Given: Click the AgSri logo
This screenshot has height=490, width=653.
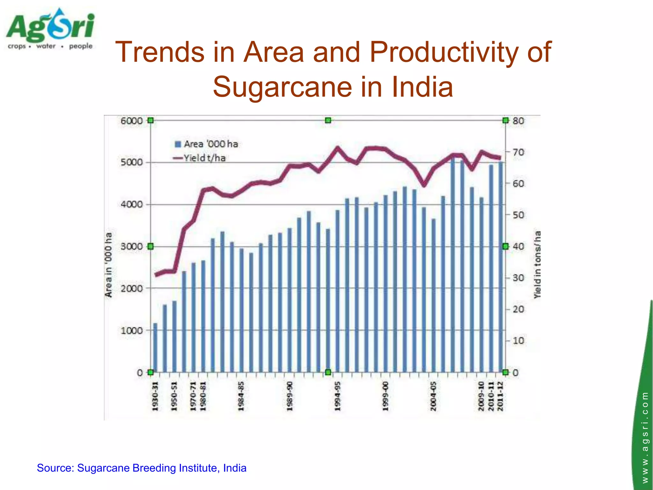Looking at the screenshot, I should coord(50,29).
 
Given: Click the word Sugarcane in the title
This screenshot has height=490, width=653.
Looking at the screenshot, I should coord(282,87).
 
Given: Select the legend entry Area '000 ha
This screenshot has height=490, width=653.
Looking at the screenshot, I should coord(206,144).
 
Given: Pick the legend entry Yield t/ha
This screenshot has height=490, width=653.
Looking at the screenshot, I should coord(200,158).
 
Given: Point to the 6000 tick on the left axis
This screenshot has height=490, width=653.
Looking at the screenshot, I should coord(131,121).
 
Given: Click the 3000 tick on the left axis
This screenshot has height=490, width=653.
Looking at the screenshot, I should coord(131,247).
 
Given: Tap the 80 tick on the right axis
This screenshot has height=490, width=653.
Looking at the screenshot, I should coord(518,121).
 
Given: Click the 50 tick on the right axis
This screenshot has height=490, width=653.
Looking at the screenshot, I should coord(518,215).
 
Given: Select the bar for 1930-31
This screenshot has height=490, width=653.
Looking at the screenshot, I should coord(155,348).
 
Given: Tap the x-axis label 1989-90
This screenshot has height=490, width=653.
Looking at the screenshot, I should coord(290,396).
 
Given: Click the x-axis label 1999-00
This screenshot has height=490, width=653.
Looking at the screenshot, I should coord(385,396).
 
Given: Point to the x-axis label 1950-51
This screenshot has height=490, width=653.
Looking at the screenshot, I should coord(174,396).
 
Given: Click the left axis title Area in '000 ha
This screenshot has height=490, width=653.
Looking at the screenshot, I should coord(109,265).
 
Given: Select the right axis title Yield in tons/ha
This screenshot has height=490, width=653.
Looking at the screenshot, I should coord(538,265).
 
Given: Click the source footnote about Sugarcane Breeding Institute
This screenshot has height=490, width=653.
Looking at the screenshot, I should coord(142,468).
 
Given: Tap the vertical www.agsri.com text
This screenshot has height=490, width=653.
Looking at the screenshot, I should coord(645,437).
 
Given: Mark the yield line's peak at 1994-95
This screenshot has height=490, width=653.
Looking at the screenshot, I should coord(337,147).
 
